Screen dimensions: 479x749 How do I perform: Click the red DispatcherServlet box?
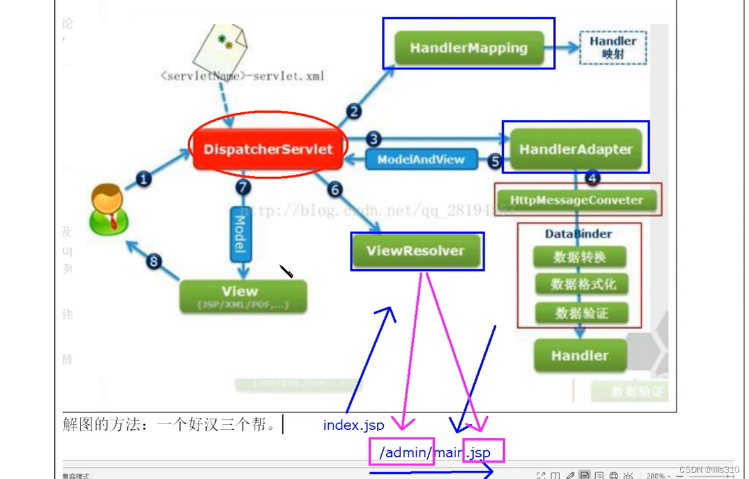pyautogui.click(x=268, y=150)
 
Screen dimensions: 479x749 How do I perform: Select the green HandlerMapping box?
pyautogui.click(x=469, y=48)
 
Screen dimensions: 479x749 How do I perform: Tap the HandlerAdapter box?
pyautogui.click(x=575, y=149)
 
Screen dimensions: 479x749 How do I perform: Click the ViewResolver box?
pyautogui.click(x=415, y=251)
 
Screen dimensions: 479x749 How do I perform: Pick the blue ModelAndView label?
pyautogui.click(x=421, y=159)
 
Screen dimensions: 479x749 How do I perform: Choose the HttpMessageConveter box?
pyautogui.click(x=577, y=200)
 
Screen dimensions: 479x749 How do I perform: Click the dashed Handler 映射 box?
pyautogui.click(x=612, y=47)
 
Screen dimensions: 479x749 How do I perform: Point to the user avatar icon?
pyautogui.click(x=109, y=209)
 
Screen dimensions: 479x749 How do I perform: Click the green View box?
pyautogui.click(x=243, y=297)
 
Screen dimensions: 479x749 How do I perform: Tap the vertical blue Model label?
pyautogui.click(x=241, y=235)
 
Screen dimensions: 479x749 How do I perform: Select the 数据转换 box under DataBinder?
pyautogui.click(x=579, y=257)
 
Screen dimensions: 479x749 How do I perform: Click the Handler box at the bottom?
pyautogui.click(x=579, y=355)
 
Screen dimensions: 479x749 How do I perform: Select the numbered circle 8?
pyautogui.click(x=153, y=261)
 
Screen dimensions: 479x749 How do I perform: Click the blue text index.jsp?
pyautogui.click(x=353, y=425)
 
